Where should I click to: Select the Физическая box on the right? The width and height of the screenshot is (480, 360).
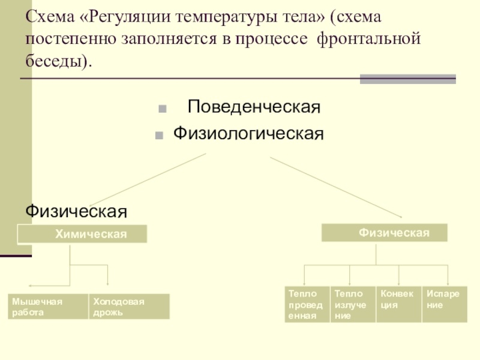(x=385, y=232)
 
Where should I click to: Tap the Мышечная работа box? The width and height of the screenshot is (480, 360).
(x=48, y=306)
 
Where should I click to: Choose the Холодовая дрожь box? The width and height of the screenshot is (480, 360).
(x=129, y=306)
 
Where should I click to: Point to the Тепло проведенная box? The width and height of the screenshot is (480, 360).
(x=307, y=304)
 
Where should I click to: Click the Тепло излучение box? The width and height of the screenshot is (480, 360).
(x=353, y=304)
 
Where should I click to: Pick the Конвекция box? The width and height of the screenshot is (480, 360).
(x=398, y=304)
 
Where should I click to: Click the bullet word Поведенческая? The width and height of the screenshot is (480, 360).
(x=254, y=108)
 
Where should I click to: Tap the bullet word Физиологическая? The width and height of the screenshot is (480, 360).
(x=248, y=133)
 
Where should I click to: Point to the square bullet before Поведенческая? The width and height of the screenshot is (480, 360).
(x=162, y=110)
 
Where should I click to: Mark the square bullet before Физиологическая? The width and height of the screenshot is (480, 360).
(x=159, y=134)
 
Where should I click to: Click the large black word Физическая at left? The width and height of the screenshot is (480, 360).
(x=76, y=211)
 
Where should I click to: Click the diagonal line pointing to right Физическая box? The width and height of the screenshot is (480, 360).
(x=336, y=187)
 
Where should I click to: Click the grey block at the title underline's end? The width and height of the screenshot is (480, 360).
(x=407, y=79)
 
